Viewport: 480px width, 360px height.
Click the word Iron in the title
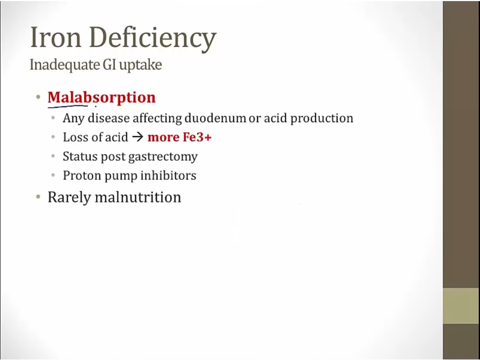(x=55, y=37)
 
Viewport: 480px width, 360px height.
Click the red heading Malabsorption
(x=102, y=98)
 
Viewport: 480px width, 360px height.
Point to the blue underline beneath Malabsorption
(x=68, y=107)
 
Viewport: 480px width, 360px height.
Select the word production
(x=322, y=118)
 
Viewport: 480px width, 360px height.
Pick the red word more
(x=164, y=138)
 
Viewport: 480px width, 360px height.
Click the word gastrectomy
(x=163, y=157)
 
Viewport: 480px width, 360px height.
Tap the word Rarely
(x=69, y=197)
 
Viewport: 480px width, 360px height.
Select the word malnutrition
(x=138, y=197)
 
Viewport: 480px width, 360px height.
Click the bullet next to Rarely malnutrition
(x=38, y=196)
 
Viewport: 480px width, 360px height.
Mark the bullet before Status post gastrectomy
(x=53, y=156)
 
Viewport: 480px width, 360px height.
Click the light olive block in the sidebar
(x=461, y=306)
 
